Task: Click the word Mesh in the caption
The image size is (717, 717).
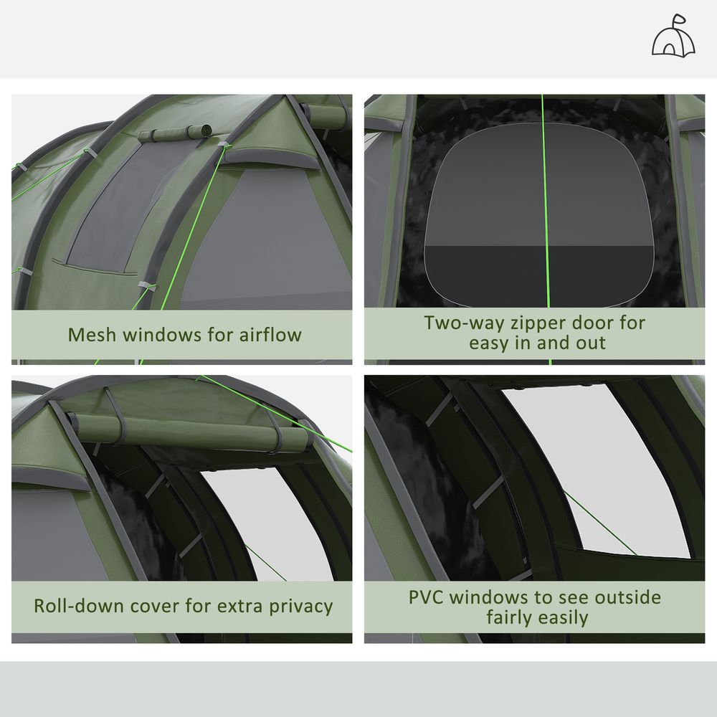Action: coord(91,335)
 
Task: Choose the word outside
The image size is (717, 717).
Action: coord(622,597)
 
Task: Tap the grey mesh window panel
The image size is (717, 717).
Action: coord(118,208)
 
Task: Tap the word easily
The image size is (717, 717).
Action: coord(564,617)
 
